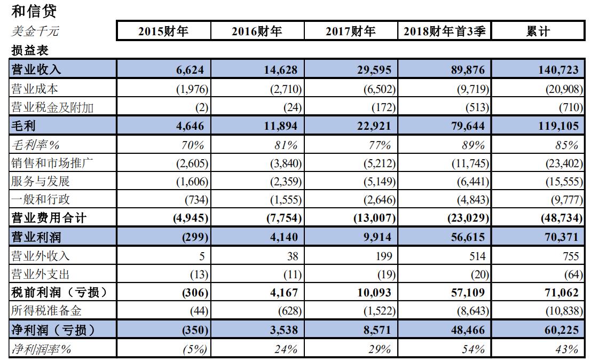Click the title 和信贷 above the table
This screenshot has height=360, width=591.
coord(33,10)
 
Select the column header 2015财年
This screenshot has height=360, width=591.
coord(163,32)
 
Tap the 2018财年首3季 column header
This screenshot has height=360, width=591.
coord(444,32)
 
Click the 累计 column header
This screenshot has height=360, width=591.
coord(537,32)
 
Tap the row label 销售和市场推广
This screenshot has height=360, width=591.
coord(52,163)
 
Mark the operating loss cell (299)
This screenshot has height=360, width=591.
coord(195,237)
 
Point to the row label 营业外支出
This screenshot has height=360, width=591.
coord(41,274)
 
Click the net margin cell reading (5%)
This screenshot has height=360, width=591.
coord(194,349)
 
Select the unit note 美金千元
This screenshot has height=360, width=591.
coord(35,32)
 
